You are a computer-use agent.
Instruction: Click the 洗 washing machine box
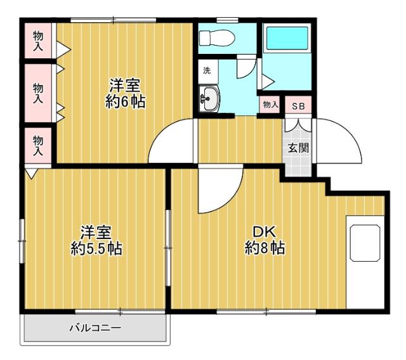tap(207, 70)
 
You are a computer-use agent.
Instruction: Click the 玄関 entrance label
tap(298, 149)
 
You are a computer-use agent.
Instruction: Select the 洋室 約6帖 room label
tap(124, 93)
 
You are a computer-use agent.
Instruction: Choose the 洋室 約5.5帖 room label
tap(96, 241)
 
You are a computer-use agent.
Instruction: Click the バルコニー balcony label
tap(95, 328)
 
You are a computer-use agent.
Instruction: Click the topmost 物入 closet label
tap(38, 39)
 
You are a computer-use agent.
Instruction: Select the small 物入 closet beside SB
tap(270, 105)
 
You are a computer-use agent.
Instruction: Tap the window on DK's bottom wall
tap(266, 311)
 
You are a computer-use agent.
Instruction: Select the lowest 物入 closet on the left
tap(38, 145)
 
